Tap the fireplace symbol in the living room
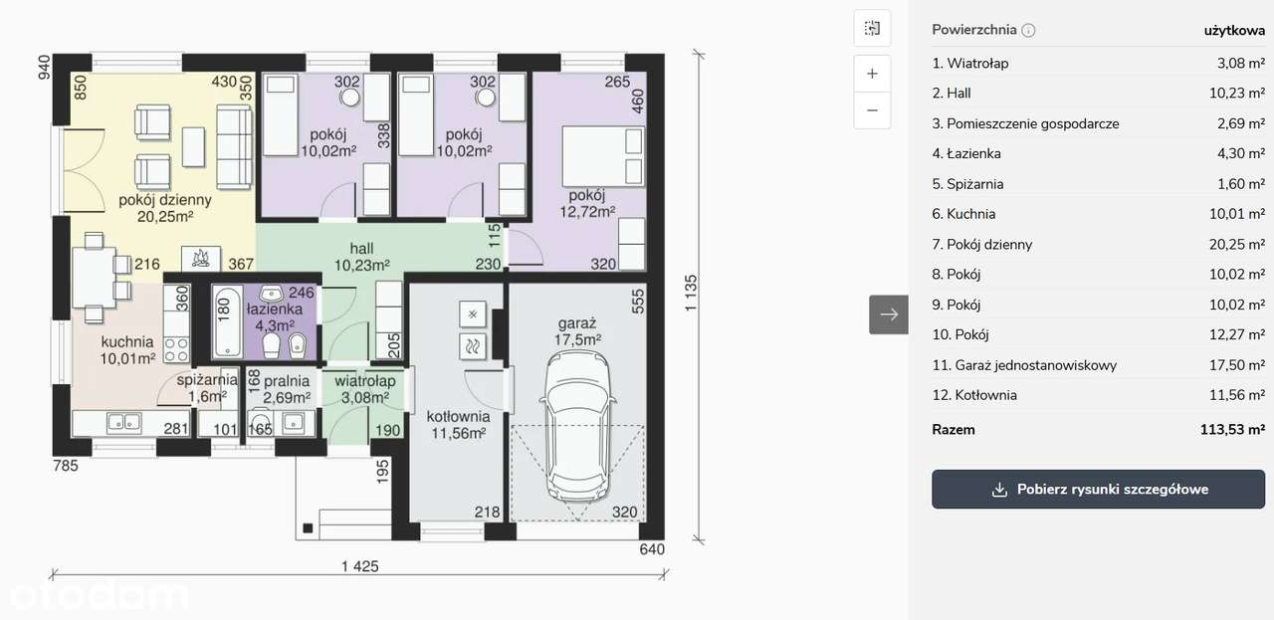coord(201,259)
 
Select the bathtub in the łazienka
coord(228,322)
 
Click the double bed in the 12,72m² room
coord(603,156)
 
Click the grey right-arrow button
coord(889,314)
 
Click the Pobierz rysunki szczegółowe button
coord(1098,490)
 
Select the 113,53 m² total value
coord(1232,430)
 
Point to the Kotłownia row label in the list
coord(973,395)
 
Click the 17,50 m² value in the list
coord(1237,364)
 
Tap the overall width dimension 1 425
coord(359,566)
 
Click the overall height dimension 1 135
coord(691,293)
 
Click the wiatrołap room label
coord(364,380)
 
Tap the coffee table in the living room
coord(193,146)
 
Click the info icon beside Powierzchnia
coord(1028,30)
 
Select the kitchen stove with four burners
coord(176,350)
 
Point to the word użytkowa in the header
coord(1234,31)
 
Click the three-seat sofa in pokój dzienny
coord(234,146)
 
